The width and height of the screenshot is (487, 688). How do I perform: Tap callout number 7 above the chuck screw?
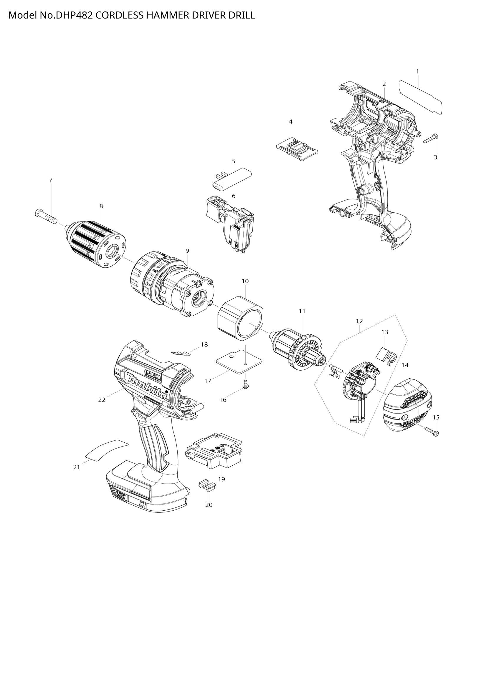point(51,180)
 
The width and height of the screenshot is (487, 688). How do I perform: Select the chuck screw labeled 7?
point(45,216)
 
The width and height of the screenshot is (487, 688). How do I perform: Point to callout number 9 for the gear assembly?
point(187,251)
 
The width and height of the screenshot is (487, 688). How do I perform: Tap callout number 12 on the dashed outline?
point(359,321)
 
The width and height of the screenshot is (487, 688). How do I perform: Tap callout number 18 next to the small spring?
point(204,345)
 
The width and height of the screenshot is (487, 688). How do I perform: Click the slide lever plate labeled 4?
point(297,148)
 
